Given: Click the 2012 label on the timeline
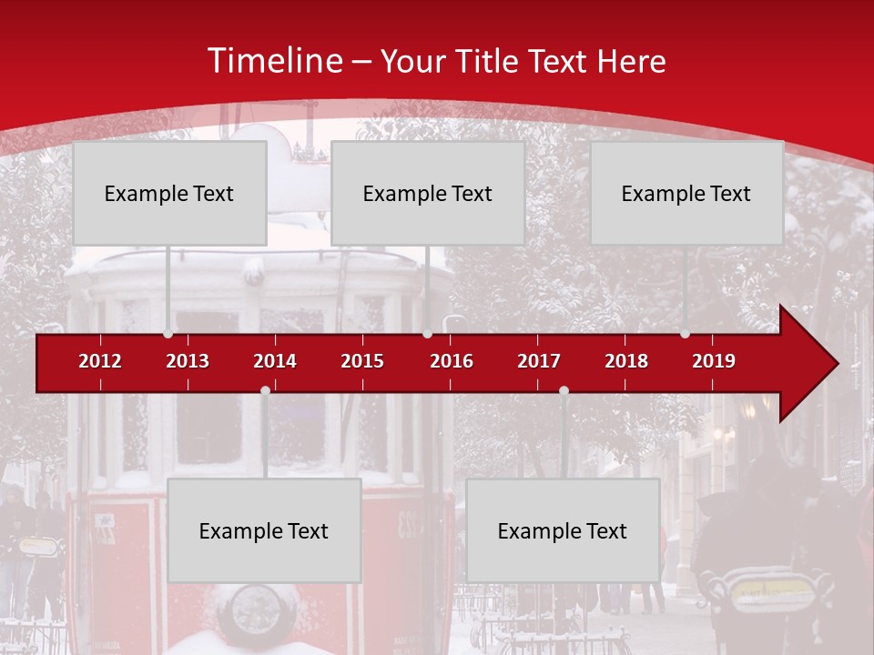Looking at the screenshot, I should (x=100, y=361).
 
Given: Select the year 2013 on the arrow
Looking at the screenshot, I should (x=188, y=361).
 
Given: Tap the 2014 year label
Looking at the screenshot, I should (x=275, y=361).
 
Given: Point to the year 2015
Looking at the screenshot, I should (x=362, y=361).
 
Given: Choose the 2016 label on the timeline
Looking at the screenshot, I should (x=452, y=361).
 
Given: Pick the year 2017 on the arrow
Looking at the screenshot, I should (x=539, y=361).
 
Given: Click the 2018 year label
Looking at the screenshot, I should (x=626, y=361).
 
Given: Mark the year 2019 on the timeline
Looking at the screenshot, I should (x=714, y=361).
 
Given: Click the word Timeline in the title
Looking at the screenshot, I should (x=275, y=61).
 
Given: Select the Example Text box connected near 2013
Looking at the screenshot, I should (x=169, y=193).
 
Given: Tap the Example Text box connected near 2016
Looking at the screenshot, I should (x=428, y=193).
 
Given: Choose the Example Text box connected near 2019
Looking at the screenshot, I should (x=686, y=193).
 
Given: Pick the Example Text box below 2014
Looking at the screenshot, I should (x=264, y=530).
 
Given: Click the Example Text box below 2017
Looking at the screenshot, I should (x=563, y=530).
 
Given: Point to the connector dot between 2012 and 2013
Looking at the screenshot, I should (x=168, y=334).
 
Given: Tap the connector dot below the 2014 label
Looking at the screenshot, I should (x=265, y=390).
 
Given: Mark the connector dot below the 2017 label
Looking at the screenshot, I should (x=564, y=390).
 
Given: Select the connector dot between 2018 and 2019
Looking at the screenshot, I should (x=685, y=334).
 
